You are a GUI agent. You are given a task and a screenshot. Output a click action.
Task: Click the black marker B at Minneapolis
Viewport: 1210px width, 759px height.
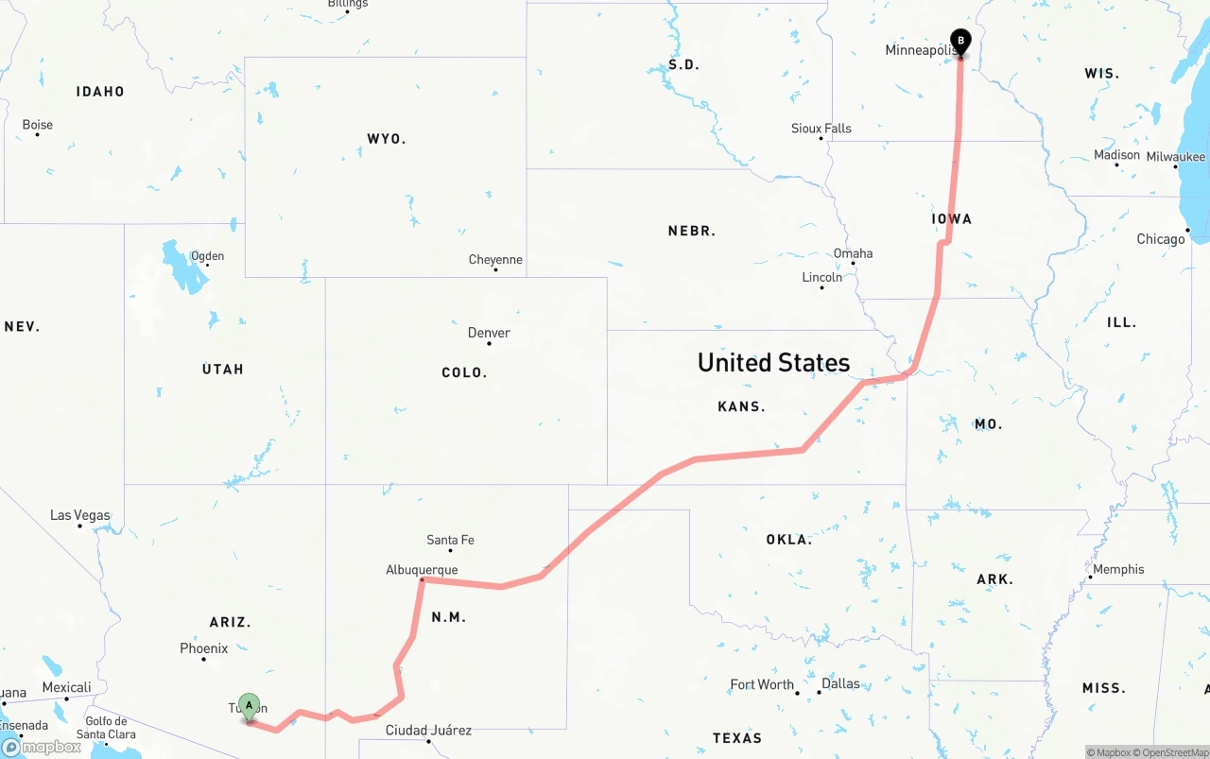pos(960,42)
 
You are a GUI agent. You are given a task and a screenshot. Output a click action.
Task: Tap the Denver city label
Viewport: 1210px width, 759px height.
pos(489,333)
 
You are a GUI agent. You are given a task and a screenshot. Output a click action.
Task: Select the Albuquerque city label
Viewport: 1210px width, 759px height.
pos(422,570)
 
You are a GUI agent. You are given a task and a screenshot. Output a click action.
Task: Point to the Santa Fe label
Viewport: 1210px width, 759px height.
pos(450,540)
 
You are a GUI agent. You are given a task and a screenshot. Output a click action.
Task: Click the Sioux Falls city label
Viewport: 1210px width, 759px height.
pos(821,129)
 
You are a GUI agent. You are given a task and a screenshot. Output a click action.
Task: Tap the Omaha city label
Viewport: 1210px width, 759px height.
pos(853,253)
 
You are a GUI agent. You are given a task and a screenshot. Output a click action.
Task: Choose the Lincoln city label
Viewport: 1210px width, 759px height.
pos(821,277)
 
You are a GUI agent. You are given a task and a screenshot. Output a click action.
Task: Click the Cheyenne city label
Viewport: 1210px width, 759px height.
pos(495,260)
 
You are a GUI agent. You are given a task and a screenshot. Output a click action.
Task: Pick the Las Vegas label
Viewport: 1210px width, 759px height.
pos(79,515)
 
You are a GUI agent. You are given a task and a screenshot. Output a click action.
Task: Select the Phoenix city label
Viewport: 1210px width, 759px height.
pos(204,648)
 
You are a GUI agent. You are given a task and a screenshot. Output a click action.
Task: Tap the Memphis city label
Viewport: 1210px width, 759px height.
pos(1118,569)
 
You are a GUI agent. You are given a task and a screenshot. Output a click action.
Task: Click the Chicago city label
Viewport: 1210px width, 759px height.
pos(1161,239)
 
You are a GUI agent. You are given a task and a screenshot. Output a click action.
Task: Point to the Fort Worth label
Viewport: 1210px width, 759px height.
pos(762,684)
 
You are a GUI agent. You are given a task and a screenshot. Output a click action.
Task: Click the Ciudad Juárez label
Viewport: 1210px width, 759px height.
pos(428,730)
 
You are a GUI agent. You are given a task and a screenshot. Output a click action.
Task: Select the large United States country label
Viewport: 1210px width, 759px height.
pos(773,362)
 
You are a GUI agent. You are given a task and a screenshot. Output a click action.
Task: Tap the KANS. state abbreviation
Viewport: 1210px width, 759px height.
pos(741,406)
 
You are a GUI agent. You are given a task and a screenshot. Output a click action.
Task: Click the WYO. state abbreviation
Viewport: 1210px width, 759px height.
pos(386,139)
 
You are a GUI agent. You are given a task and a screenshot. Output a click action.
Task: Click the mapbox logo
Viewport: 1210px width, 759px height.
pos(42,747)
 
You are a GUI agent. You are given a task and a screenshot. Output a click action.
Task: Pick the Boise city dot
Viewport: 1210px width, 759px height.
pos(38,134)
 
